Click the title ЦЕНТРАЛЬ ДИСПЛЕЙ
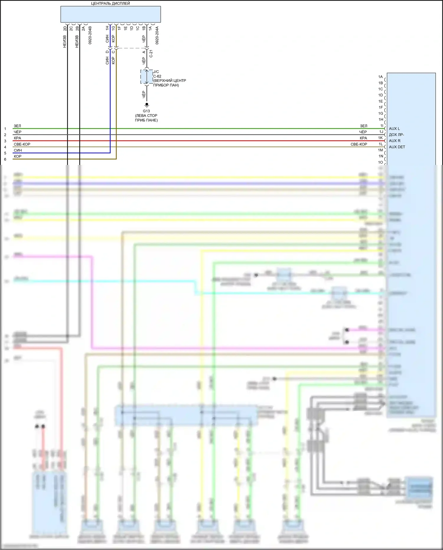pyautogui.click(x=110, y=4)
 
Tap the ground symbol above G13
pyautogui.click(x=147, y=105)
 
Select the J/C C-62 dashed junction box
pyautogui.click(x=147, y=77)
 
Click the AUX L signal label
pyautogui.click(x=394, y=129)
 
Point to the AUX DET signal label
pyautogui.click(x=397, y=147)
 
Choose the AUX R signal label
pyautogui.click(x=395, y=141)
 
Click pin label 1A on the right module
pyautogui.click(x=380, y=77)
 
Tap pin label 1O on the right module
pyautogui.click(x=380, y=162)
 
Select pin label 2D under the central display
pyautogui.click(x=65, y=28)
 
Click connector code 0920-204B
pyautogui.click(x=90, y=35)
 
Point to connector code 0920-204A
pyautogui.click(x=157, y=35)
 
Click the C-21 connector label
pyautogui.click(x=151, y=53)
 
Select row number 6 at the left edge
pyautogui.click(x=5, y=159)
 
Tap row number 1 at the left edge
pyautogui.click(x=5, y=129)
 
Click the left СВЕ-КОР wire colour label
pyautogui.click(x=22, y=144)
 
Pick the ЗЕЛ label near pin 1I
pyautogui.click(x=364, y=126)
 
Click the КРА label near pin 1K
pyautogui.click(x=363, y=138)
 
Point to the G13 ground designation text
pyautogui.click(x=146, y=111)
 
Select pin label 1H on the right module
pyautogui.click(x=381, y=119)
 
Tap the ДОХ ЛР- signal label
pyautogui.click(x=396, y=135)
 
